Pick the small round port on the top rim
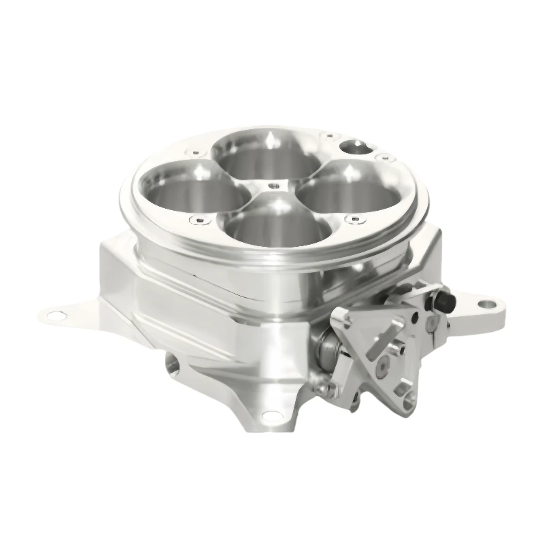tap(354, 145)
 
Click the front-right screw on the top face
tap(351, 219)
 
